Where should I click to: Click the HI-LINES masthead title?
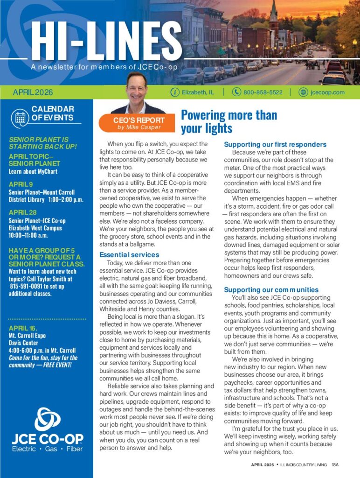(100, 42)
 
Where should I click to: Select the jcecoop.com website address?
(327, 92)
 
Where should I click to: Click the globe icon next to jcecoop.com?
(303, 92)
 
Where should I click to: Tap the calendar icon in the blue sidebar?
(20, 117)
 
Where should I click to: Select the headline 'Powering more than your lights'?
(228, 121)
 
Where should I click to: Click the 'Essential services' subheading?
(129, 255)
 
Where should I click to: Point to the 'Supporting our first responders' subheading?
(275, 144)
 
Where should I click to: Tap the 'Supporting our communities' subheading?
(271, 290)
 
